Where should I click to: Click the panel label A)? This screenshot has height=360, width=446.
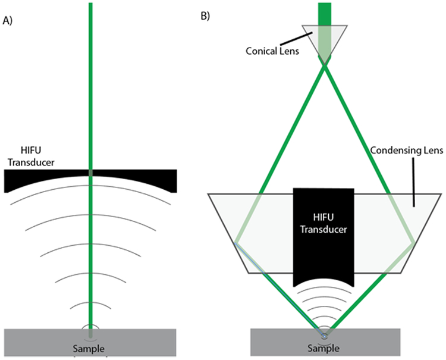(x=8, y=20)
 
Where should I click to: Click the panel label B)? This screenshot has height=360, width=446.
(x=205, y=16)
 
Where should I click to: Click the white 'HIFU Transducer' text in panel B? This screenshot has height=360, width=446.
(x=324, y=221)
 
